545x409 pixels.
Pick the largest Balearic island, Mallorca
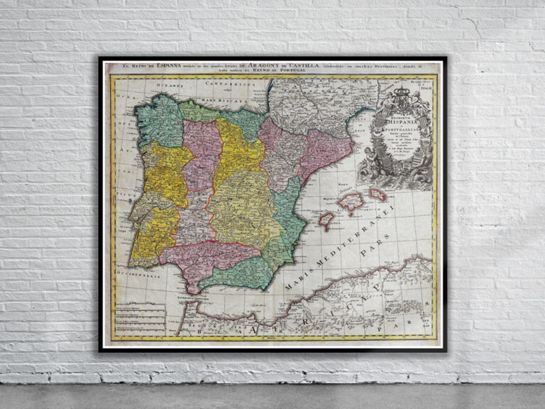(351, 202)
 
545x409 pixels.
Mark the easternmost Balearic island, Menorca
(377, 194)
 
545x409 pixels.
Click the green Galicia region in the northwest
(160, 121)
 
